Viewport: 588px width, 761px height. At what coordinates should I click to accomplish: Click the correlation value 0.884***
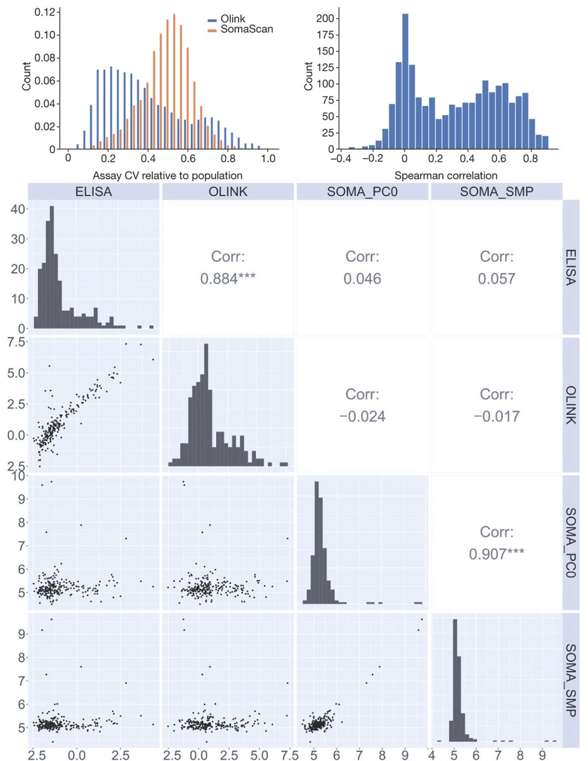(228, 279)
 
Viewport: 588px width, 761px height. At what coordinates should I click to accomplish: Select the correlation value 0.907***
(497, 554)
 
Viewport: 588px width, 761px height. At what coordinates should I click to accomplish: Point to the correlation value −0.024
(362, 417)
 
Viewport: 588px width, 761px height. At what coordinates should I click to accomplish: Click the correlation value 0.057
(497, 279)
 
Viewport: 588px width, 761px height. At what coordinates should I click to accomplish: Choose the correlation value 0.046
(362, 279)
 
